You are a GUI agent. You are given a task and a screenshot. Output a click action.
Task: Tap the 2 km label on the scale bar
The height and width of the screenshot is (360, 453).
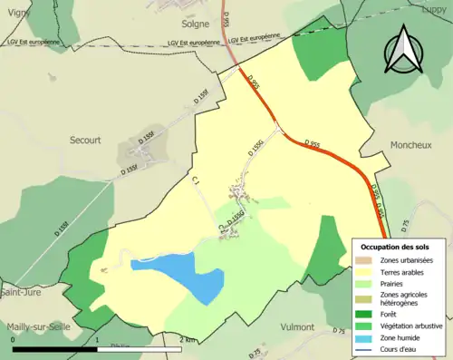188,339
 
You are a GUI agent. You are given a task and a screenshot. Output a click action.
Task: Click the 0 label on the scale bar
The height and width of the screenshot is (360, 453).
13,339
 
